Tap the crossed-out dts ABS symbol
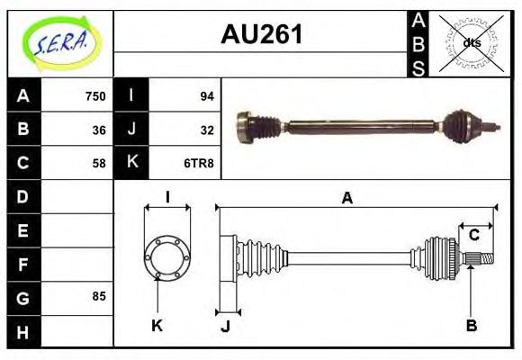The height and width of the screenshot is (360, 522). pos(470,42)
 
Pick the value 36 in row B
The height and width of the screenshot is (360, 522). pos(98,130)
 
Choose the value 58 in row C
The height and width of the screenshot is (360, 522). pos(98,163)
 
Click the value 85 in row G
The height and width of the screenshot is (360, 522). pos(98,296)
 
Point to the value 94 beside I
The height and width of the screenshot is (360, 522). pos(206,96)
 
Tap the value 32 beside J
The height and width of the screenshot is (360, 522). pos(206,130)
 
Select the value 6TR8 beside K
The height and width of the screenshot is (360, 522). pos(200,163)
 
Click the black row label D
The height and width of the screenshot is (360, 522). pos(23,196)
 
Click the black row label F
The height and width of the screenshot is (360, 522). pos(23,264)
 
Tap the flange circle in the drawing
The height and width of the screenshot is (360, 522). pos(167,256)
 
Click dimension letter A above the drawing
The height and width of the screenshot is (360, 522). pos(346,199)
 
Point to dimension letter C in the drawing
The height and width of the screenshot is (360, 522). pos(473,235)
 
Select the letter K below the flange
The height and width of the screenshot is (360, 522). pos(157,326)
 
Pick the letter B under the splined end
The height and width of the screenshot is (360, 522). pos(471,325)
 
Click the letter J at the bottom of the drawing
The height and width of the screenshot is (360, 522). pos(225,326)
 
